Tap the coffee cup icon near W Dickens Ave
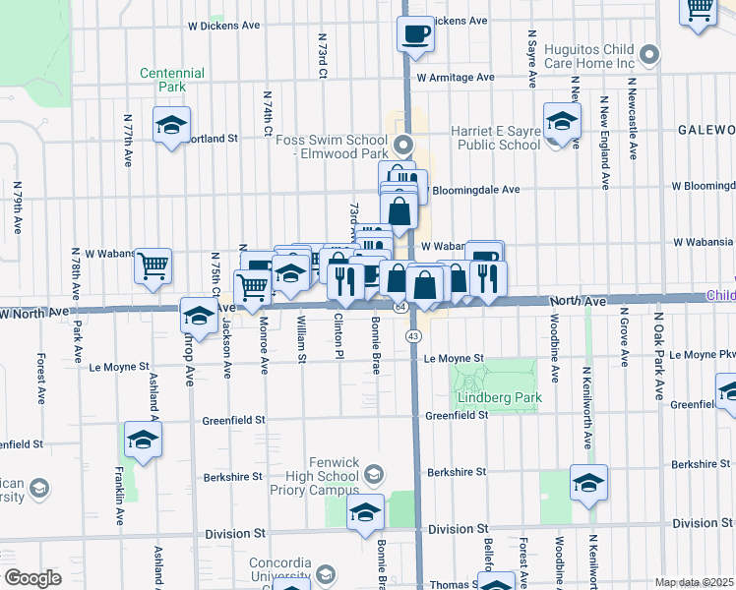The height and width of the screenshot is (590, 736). (414, 34)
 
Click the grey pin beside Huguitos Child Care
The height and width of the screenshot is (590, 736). (648, 53)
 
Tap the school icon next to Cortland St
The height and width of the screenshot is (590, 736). (171, 126)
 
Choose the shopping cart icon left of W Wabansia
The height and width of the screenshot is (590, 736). (153, 265)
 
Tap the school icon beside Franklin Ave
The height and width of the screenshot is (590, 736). (143, 440)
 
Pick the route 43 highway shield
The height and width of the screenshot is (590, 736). (414, 336)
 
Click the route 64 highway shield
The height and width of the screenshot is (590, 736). (400, 308)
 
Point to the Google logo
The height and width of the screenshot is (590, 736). (33, 578)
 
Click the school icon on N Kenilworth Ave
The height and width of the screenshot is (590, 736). (588, 482)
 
